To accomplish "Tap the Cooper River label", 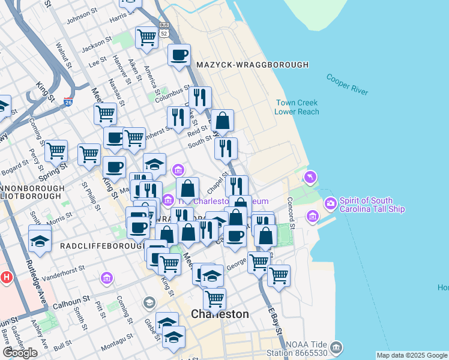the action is (x=347, y=84).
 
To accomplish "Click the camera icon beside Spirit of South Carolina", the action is (x=330, y=204).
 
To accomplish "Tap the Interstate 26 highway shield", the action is (x=69, y=103).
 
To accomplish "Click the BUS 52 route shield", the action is (x=164, y=29).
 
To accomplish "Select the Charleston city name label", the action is (x=220, y=314).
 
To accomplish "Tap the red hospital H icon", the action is (x=7, y=278).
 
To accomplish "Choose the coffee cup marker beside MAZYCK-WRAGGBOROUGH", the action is (x=178, y=55).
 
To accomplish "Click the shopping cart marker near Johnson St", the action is (x=146, y=38).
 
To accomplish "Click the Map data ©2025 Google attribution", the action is (x=411, y=355).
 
